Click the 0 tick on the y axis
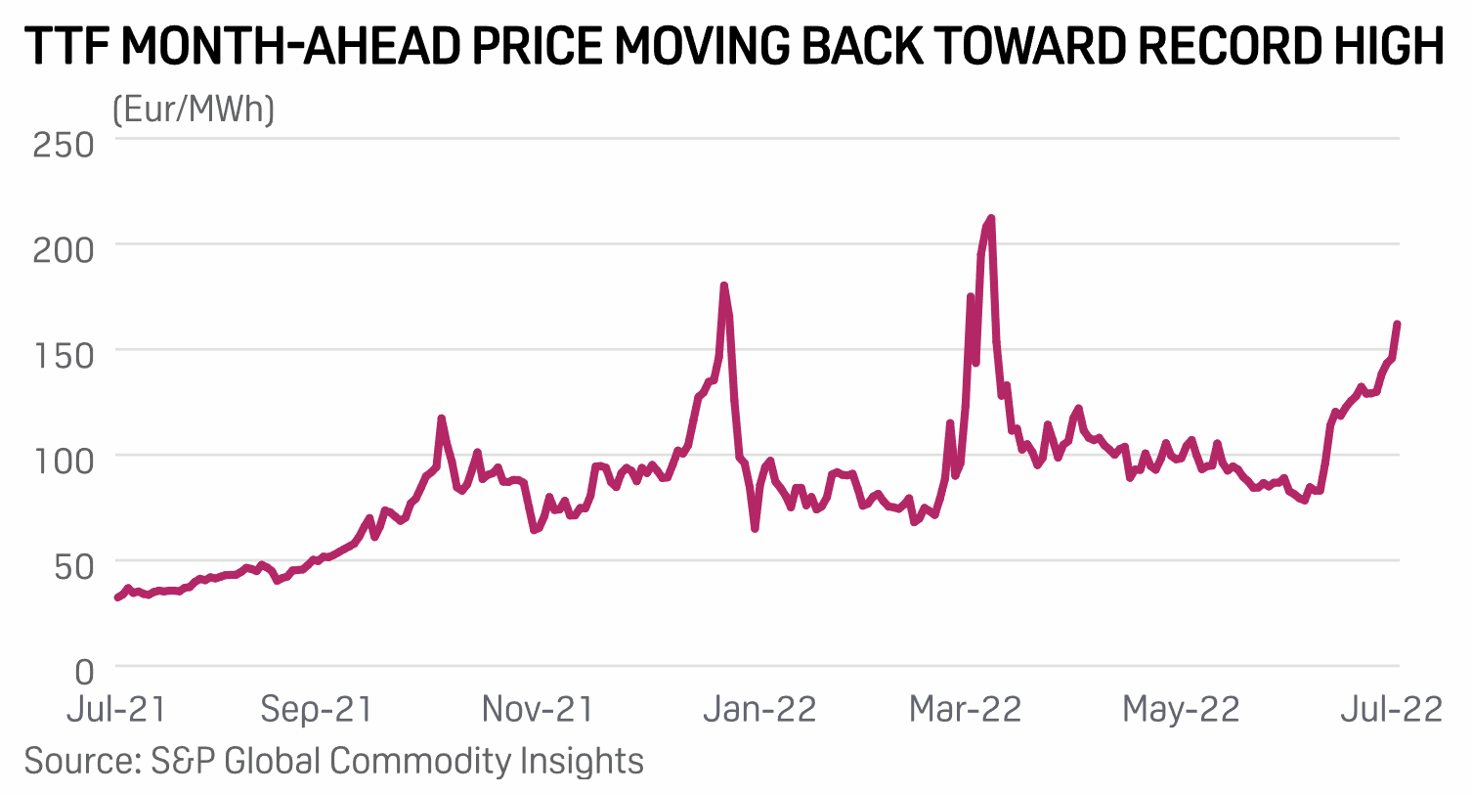point(85,671)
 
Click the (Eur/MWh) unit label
point(194,110)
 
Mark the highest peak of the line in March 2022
point(991,219)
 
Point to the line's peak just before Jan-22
point(724,287)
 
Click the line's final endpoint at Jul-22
point(1398,325)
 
